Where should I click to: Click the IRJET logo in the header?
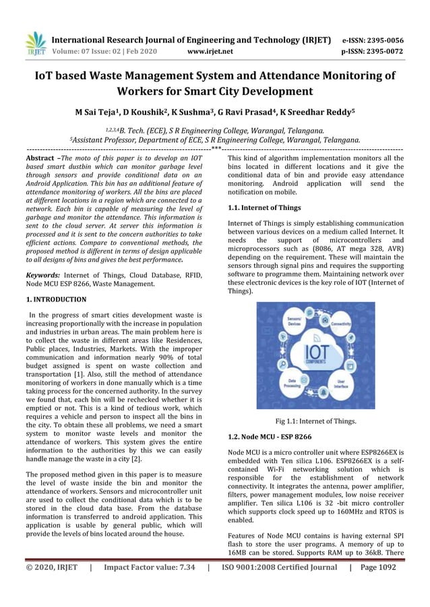[35, 44]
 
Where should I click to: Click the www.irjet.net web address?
[211, 50]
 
